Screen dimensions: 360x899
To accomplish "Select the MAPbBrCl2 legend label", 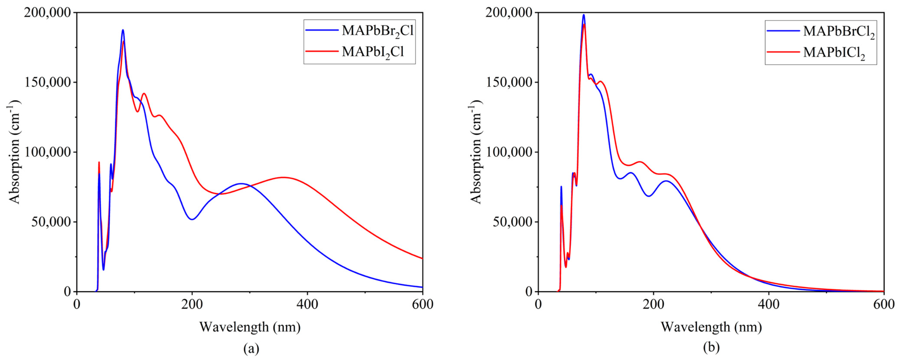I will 839,32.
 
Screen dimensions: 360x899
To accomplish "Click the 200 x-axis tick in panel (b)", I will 653,304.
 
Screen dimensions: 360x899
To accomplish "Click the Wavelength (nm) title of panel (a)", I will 250,327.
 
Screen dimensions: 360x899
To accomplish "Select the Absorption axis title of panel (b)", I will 476,152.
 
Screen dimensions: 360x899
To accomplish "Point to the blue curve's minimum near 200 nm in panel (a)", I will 192,219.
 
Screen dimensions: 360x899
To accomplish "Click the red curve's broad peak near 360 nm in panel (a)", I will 283,178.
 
